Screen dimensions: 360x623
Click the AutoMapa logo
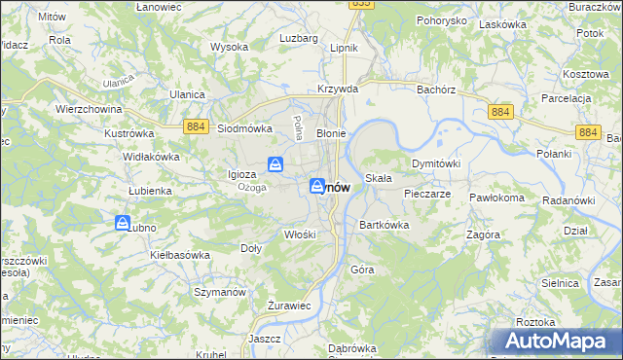point(556,341)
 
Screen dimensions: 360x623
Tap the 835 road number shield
point(361,4)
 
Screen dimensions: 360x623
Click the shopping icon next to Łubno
point(123,224)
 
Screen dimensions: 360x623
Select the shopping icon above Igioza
point(275,164)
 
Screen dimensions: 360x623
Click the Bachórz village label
point(435,89)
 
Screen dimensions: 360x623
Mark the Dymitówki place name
point(435,163)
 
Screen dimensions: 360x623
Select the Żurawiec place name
point(288,306)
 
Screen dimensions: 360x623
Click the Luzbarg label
point(299,38)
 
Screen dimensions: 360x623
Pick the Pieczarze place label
point(426,194)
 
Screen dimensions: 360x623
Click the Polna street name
point(297,127)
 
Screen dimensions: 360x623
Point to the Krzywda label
point(338,89)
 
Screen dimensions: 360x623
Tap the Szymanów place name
point(217,291)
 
